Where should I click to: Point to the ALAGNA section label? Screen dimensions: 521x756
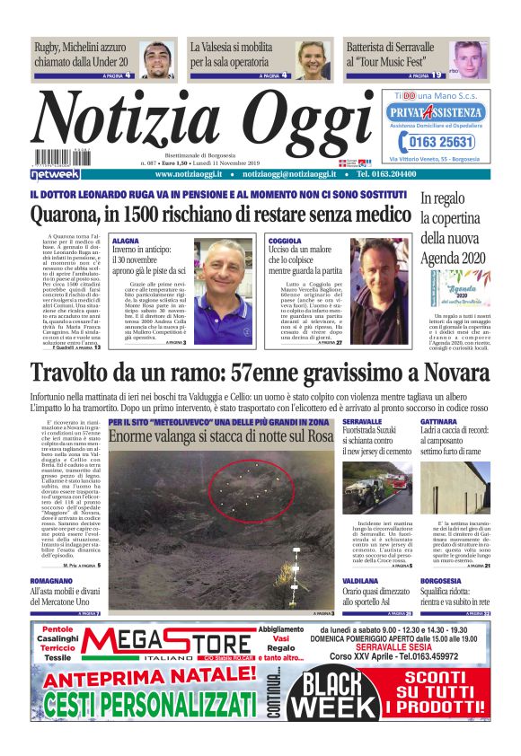[x=126, y=242]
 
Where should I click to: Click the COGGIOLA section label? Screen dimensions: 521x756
[x=286, y=242]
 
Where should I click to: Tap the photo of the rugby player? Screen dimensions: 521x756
[x=157, y=59]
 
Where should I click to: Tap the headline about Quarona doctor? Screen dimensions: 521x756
[x=220, y=216]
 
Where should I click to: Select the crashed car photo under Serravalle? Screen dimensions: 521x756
[x=377, y=489]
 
